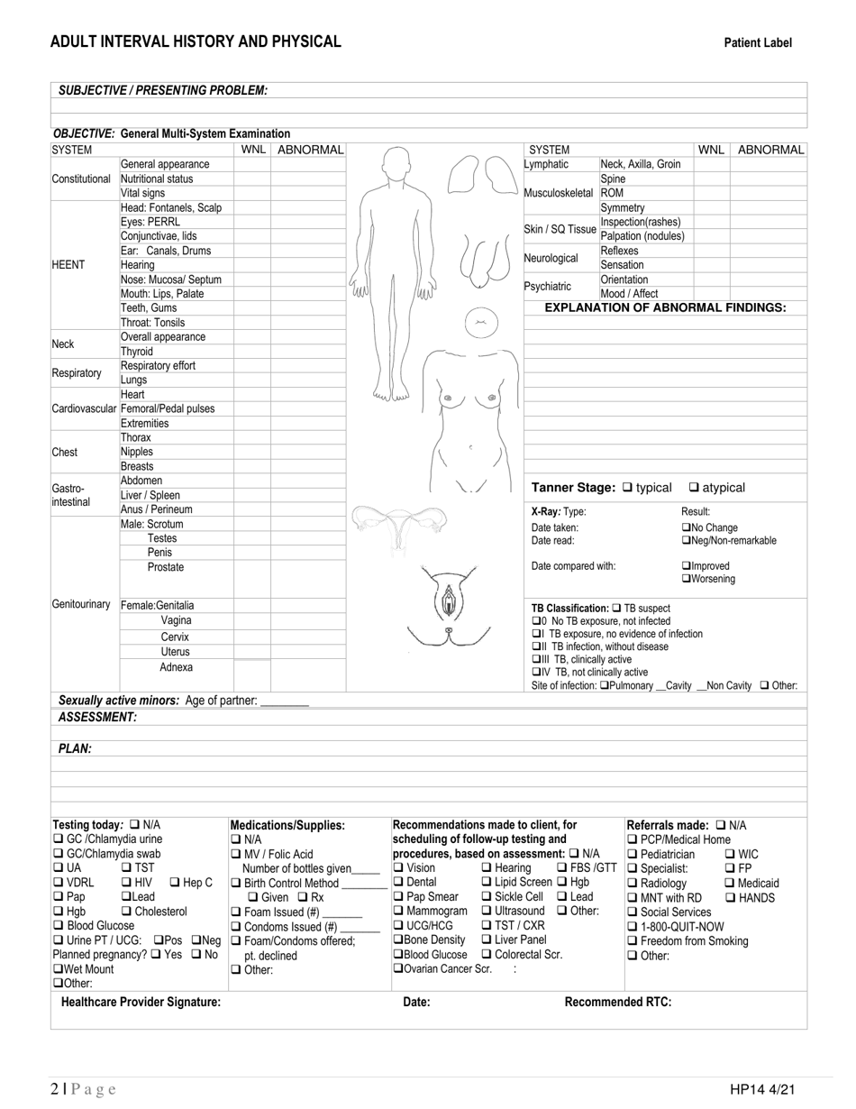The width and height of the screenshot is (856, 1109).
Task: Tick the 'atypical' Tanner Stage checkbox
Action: click(695, 488)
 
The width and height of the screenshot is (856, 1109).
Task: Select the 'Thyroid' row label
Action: click(137, 352)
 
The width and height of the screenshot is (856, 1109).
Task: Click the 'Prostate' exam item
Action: click(166, 567)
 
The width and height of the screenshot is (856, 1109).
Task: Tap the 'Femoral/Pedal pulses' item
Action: click(168, 408)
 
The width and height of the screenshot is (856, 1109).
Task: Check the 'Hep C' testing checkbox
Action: click(175, 883)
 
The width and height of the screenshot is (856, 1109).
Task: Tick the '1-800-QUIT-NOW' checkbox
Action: click(633, 927)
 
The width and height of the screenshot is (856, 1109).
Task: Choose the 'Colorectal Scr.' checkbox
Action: click(487, 955)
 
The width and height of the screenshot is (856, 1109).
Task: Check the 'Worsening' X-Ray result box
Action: click(686, 579)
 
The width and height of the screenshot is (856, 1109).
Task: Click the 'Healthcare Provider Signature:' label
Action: click(141, 1002)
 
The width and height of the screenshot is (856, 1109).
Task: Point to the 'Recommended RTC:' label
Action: click(617, 1002)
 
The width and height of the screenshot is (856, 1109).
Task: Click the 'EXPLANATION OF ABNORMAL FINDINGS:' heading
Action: click(665, 307)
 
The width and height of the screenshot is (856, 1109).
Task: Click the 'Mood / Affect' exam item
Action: click(629, 294)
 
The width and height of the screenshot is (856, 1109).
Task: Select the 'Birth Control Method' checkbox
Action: click(236, 883)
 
